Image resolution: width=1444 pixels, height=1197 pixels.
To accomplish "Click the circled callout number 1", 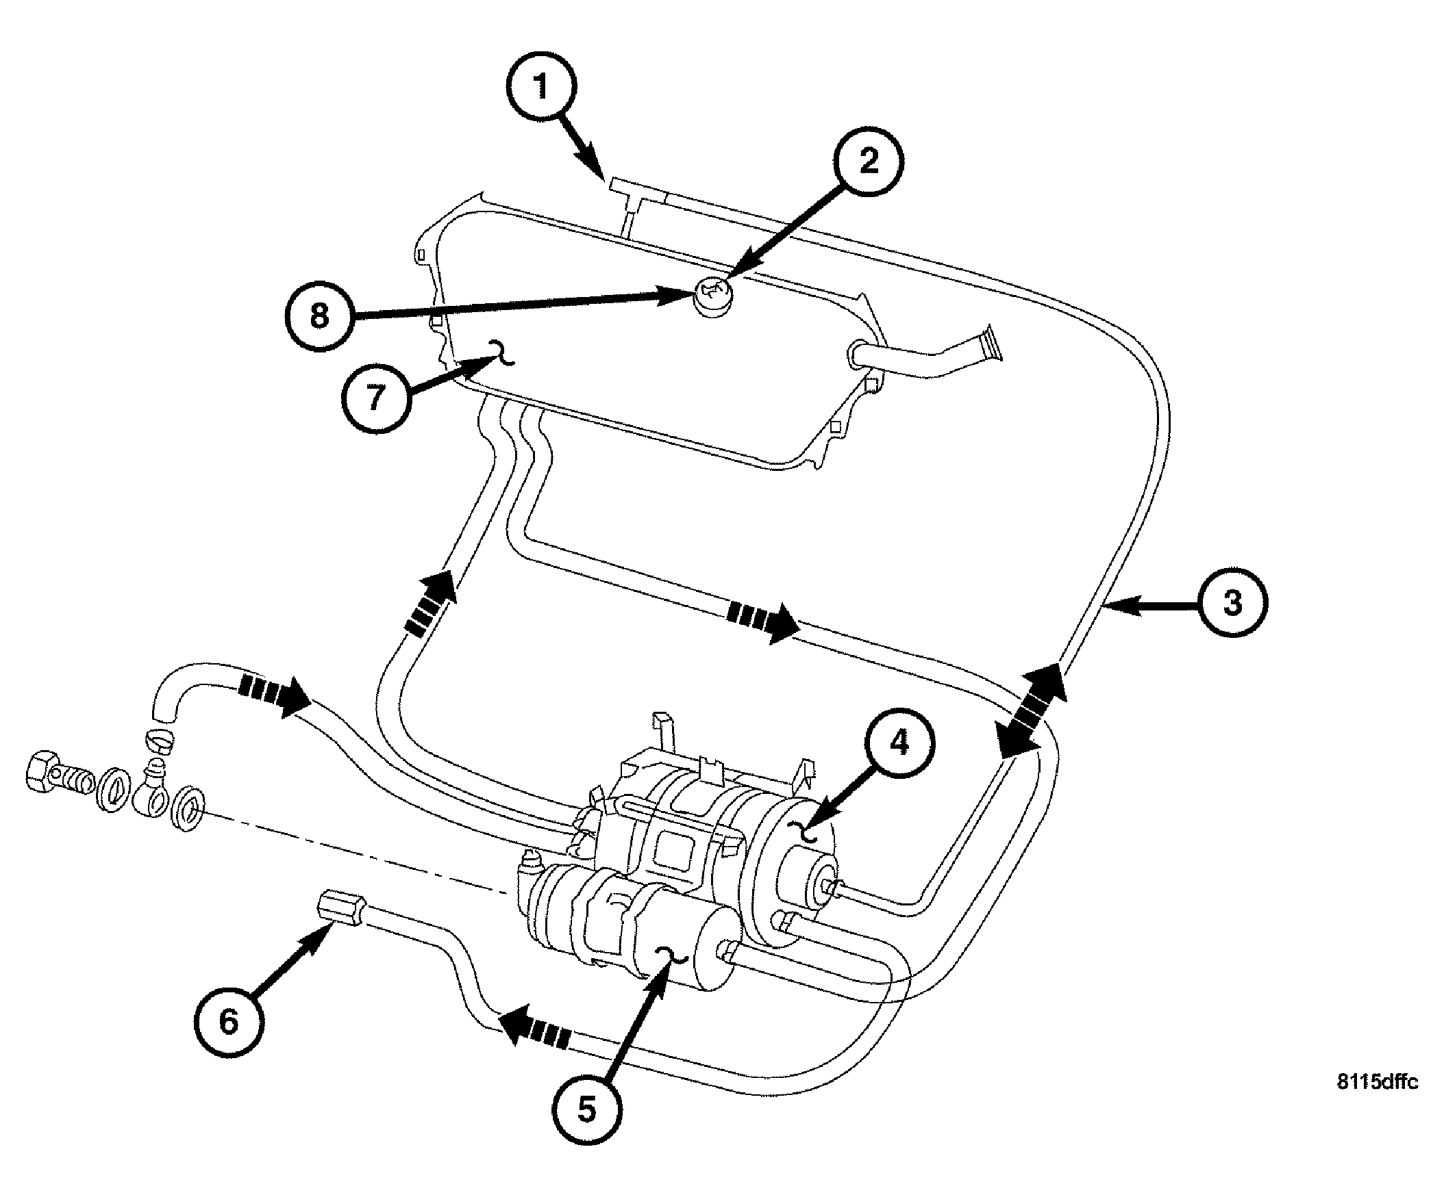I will [541, 87].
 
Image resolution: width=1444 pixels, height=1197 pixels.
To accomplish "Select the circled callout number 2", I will [869, 161].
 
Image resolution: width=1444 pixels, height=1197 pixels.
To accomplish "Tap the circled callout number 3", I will [1232, 603].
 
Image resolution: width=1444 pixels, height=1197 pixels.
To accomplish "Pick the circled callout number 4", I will [899, 743].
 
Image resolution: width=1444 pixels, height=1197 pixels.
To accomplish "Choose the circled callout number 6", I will [228, 1021].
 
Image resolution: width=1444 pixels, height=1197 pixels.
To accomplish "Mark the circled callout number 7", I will [375, 398].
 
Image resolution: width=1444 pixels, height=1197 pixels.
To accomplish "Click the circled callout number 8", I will [319, 317].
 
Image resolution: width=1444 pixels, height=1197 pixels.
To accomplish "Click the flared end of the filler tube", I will [992, 344].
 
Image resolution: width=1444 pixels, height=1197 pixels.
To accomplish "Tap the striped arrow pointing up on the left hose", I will [431, 604].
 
